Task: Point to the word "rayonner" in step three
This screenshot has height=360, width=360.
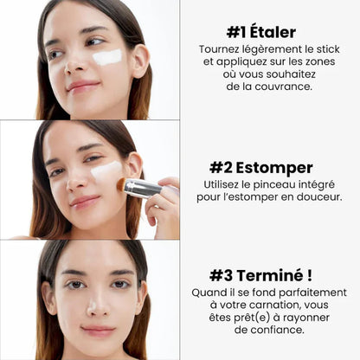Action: tap(311, 318)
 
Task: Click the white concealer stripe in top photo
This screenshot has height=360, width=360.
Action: tap(106, 58)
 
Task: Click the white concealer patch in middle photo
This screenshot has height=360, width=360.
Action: tap(106, 170)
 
